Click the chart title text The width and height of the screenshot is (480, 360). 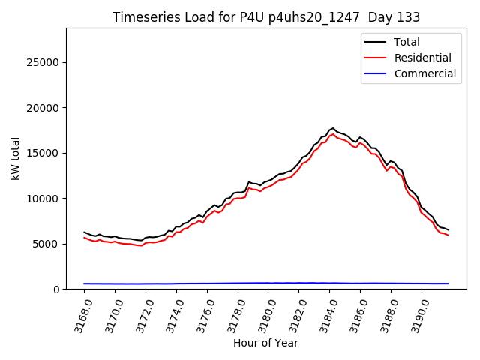[266, 17]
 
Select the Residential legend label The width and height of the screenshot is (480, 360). [422, 58]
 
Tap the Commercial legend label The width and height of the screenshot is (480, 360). [424, 73]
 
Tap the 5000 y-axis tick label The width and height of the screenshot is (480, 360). [47, 244]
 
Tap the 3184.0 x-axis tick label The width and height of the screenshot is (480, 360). [328, 314]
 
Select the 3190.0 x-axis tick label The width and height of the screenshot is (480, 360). [420, 314]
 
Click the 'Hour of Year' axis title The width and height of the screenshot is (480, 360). [265, 343]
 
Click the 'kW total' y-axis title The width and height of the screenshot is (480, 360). [16, 158]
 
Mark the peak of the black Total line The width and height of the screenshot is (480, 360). [333, 128]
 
